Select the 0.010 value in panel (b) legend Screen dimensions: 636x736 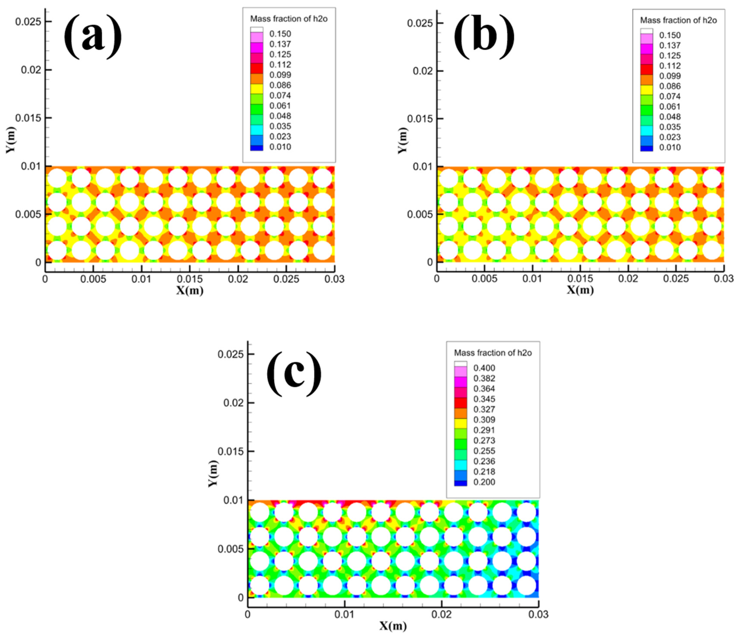670,147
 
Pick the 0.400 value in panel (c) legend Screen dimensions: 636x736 484,368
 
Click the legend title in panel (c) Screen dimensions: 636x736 493,353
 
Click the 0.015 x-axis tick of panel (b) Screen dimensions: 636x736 580,279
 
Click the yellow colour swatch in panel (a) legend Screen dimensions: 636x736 256,88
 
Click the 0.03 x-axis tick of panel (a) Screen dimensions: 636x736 334,279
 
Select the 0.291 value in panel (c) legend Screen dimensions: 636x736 484,430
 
